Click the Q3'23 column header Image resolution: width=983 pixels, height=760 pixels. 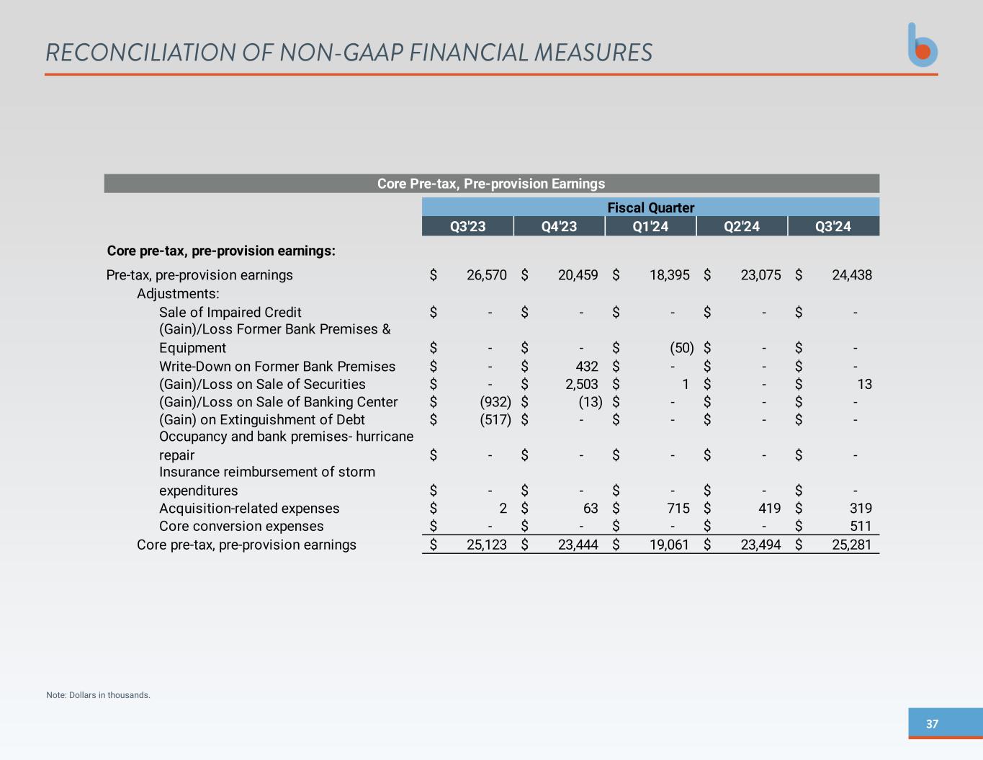coord(467,226)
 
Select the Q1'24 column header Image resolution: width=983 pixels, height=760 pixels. coord(650,226)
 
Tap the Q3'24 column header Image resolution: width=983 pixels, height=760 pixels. coord(833,226)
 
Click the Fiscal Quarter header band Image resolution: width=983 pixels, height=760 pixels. coord(650,207)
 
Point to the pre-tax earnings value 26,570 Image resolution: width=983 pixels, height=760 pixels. coord(487,275)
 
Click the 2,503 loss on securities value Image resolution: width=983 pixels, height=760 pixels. coord(582,384)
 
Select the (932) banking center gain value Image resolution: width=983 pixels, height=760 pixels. coord(495,402)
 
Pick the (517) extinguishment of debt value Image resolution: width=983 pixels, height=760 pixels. coord(495,419)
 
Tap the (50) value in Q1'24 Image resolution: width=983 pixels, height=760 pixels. coord(681,348)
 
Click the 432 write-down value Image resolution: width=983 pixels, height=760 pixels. coord(587,367)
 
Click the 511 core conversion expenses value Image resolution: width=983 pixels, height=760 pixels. coord(861,527)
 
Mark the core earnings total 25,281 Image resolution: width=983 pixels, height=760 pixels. coord(852,545)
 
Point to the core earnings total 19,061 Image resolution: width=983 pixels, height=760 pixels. coord(670,545)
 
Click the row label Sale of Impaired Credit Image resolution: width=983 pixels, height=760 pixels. coord(230,312)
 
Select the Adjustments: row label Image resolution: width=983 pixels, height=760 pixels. coord(178,294)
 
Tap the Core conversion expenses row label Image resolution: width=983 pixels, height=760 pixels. coord(241,527)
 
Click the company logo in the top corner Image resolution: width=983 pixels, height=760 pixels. coord(923,45)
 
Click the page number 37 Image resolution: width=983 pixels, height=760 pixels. coord(932,724)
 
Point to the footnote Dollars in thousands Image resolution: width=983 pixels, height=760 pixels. coord(98,695)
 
